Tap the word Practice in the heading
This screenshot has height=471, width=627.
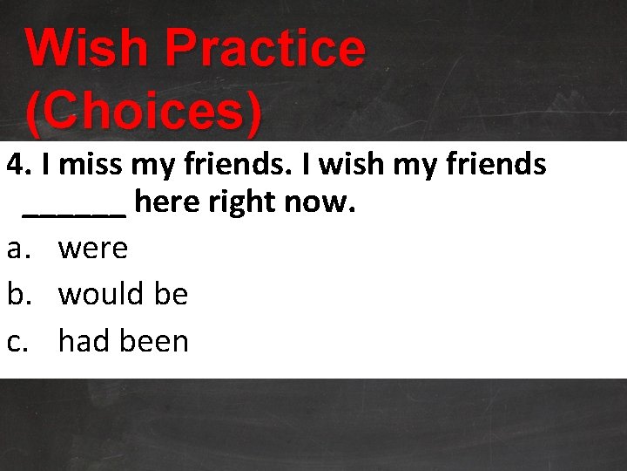click(x=265, y=48)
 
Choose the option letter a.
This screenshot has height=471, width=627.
click(x=17, y=249)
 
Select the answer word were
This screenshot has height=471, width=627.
click(x=92, y=249)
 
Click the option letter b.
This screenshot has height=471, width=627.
click(x=17, y=294)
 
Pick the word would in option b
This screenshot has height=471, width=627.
click(x=101, y=294)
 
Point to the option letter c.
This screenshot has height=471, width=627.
click(x=17, y=341)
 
